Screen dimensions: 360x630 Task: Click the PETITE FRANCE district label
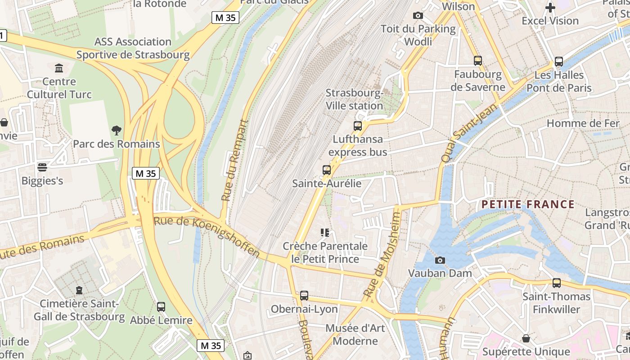pyautogui.click(x=528, y=204)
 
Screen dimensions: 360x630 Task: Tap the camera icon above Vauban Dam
pyautogui.click(x=440, y=260)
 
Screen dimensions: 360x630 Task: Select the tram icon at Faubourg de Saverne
pyautogui.click(x=478, y=61)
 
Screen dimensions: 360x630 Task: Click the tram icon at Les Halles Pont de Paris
pyautogui.click(x=558, y=62)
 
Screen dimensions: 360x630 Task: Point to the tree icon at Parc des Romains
pyautogui.click(x=117, y=130)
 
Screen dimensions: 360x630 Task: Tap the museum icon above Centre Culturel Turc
pyautogui.click(x=59, y=68)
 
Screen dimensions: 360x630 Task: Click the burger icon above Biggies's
pyautogui.click(x=42, y=167)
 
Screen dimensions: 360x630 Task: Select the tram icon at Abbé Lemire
pyautogui.click(x=161, y=307)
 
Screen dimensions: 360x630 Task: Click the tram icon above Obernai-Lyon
pyautogui.click(x=304, y=296)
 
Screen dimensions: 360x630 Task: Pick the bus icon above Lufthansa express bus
pyautogui.click(x=358, y=126)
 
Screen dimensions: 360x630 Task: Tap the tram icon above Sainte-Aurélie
pyautogui.click(x=327, y=170)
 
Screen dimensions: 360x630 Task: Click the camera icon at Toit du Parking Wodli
pyautogui.click(x=418, y=16)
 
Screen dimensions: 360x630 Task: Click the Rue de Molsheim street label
pyautogui.click(x=383, y=255)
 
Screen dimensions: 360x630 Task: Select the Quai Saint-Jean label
pyautogui.click(x=469, y=133)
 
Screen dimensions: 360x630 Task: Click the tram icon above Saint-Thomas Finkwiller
pyautogui.click(x=557, y=283)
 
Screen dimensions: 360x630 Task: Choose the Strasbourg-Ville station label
pyautogui.click(x=355, y=99)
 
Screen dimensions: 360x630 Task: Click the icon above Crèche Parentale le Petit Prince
pyautogui.click(x=325, y=233)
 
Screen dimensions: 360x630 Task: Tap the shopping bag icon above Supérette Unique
pyautogui.click(x=526, y=338)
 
